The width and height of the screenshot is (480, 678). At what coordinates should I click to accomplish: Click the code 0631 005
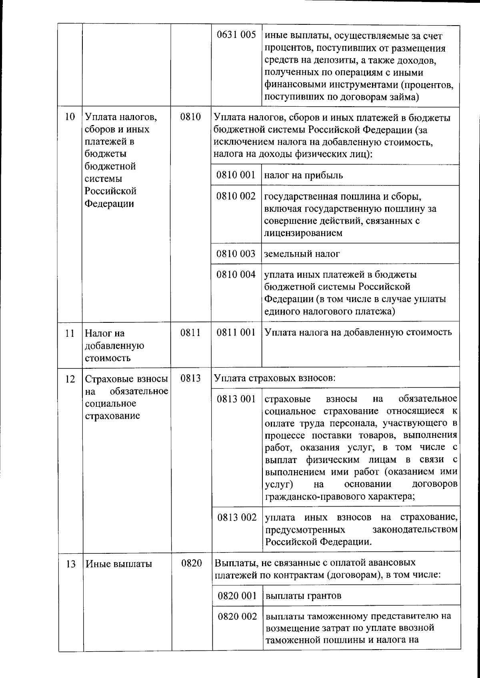(x=236, y=35)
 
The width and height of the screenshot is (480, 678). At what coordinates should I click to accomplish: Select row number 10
(x=70, y=117)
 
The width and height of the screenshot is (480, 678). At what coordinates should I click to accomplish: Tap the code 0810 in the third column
(x=190, y=117)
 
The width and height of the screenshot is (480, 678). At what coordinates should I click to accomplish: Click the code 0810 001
(x=236, y=175)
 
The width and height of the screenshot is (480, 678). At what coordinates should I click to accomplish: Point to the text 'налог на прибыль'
(x=304, y=175)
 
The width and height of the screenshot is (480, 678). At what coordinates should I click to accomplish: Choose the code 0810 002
(x=236, y=196)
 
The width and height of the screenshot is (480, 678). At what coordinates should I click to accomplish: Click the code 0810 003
(x=236, y=254)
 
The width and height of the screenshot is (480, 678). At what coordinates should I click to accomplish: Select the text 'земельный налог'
(x=302, y=254)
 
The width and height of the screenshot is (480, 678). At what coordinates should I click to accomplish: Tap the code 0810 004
(x=236, y=274)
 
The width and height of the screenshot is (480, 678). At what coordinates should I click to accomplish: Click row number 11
(x=70, y=333)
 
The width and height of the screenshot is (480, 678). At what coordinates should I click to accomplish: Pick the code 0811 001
(x=236, y=332)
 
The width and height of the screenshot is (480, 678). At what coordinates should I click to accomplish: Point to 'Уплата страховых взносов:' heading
(x=275, y=378)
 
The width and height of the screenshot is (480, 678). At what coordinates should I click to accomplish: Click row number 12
(x=70, y=378)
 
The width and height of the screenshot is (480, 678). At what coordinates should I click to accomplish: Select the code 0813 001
(x=236, y=399)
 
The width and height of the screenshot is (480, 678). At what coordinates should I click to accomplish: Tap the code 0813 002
(x=237, y=517)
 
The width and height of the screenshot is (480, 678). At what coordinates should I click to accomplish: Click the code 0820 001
(x=237, y=596)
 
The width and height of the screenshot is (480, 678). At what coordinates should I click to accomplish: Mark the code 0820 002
(x=237, y=616)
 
